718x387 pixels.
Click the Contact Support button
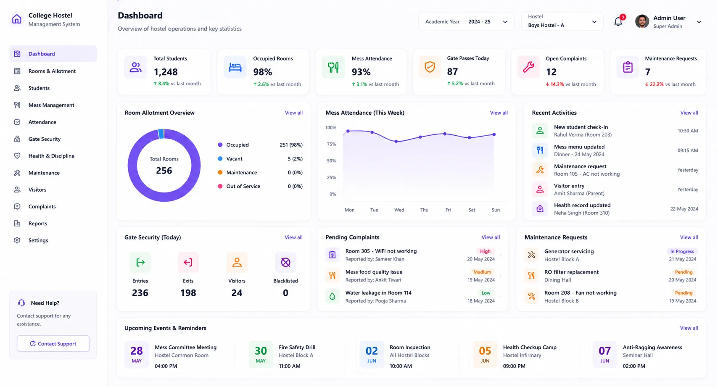click(x=53, y=343)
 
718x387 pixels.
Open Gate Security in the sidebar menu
click(x=44, y=139)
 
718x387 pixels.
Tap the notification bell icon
click(x=618, y=21)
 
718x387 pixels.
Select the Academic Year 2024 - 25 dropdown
click(x=466, y=21)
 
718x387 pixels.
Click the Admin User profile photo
click(x=642, y=21)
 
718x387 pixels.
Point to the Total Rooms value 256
click(x=164, y=171)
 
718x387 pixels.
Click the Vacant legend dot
click(x=220, y=158)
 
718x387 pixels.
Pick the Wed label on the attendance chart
click(x=399, y=210)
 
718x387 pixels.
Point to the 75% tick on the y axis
click(x=331, y=144)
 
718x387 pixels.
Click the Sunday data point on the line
click(x=494, y=134)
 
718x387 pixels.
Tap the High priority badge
click(x=485, y=251)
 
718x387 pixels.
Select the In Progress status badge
click(x=682, y=251)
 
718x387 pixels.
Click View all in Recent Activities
click(x=689, y=113)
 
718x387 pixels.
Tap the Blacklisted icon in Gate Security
click(x=285, y=262)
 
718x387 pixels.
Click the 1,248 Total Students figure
click(x=166, y=72)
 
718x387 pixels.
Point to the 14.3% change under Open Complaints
click(x=557, y=84)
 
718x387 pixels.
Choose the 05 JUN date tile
click(x=485, y=354)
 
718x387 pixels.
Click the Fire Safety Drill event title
click(x=297, y=347)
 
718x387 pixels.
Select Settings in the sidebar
click(x=38, y=240)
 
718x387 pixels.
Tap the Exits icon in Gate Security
click(x=188, y=262)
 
